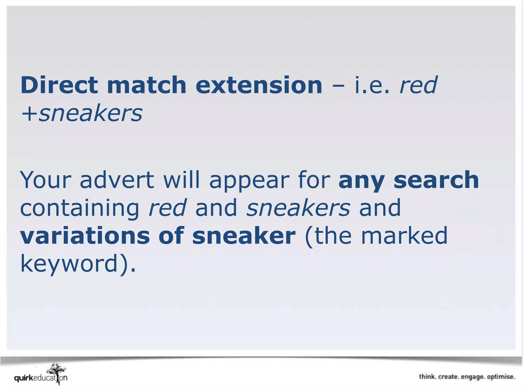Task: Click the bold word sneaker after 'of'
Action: [244, 236]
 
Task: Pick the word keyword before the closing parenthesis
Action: [69, 264]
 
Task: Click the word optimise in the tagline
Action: [501, 377]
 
